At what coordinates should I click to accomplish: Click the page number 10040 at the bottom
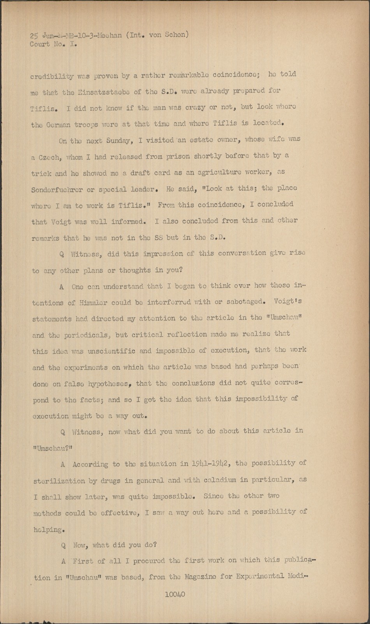[175, 594]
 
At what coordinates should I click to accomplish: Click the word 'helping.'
[48, 530]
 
